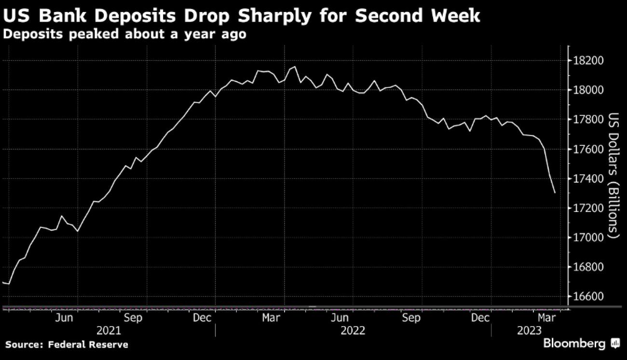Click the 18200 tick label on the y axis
pyautogui.click(x=587, y=61)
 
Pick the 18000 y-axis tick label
pyautogui.click(x=587, y=90)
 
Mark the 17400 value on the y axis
pyautogui.click(x=587, y=179)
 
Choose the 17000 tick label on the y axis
pyautogui.click(x=587, y=237)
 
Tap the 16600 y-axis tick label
pyautogui.click(x=587, y=296)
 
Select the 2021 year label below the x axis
pyautogui.click(x=109, y=331)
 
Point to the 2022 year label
pyautogui.click(x=353, y=331)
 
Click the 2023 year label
pyautogui.click(x=530, y=331)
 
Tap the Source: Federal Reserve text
pyautogui.click(x=67, y=345)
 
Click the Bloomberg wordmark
pyautogui.click(x=574, y=344)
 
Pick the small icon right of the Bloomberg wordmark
pyautogui.click(x=615, y=344)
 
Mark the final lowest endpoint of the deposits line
pyautogui.click(x=555, y=193)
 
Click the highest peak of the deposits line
pyautogui.click(x=295, y=67)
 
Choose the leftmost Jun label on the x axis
pyautogui.click(x=64, y=318)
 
